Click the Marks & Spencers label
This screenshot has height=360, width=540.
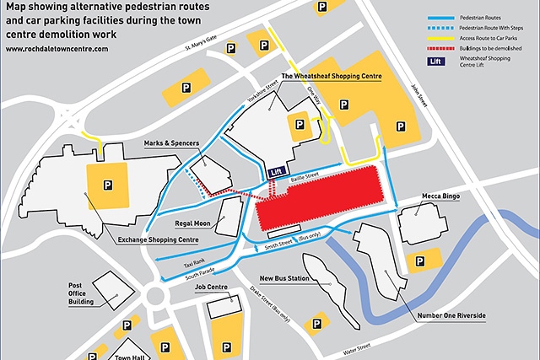pyautogui.click(x=171, y=143)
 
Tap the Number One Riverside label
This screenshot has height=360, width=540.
pyautogui.click(x=451, y=315)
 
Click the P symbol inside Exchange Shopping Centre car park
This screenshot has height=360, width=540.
pyautogui.click(x=107, y=185)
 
